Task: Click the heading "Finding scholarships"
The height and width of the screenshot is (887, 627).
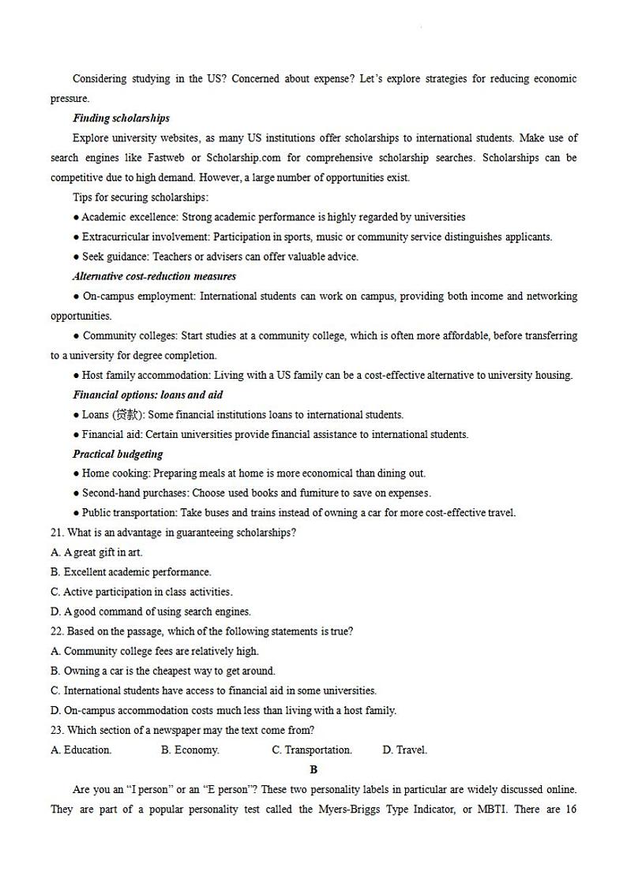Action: (x=121, y=118)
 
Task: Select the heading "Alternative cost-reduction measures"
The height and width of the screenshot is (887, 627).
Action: (x=154, y=276)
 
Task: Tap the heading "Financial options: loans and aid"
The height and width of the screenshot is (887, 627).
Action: (x=148, y=395)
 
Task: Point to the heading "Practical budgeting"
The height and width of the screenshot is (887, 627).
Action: (x=118, y=454)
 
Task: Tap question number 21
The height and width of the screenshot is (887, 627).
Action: (x=58, y=533)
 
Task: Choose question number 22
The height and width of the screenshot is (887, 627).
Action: (x=58, y=631)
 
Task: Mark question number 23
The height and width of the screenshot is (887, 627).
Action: (x=58, y=730)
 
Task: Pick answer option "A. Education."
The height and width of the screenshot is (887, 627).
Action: (x=81, y=750)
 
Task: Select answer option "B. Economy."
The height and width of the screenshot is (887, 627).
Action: (x=190, y=750)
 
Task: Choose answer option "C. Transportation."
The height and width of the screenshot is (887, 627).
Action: (x=312, y=750)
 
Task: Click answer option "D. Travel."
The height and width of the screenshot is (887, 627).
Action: (x=405, y=750)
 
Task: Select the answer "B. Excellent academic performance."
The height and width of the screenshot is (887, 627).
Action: (x=131, y=572)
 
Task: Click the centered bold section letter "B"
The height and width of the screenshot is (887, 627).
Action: (x=313, y=769)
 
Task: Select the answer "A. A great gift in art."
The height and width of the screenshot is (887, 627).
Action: (x=96, y=552)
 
